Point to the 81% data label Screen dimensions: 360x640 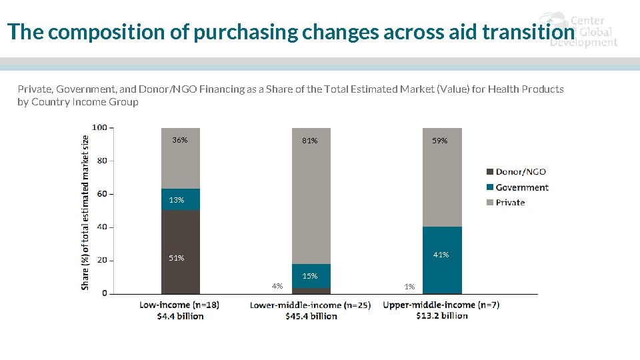tap(310, 141)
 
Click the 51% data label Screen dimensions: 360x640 tap(177, 258)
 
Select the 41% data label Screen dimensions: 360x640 tap(441, 255)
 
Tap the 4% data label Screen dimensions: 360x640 tap(277, 286)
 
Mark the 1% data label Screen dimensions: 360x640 tap(409, 287)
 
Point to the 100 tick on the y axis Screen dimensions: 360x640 tap(99, 127)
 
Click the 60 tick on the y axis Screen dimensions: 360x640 tap(101, 194)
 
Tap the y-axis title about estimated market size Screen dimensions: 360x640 tap(85, 212)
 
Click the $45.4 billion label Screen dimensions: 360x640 tap(311, 316)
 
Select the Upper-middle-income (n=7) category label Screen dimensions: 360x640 tap(441, 305)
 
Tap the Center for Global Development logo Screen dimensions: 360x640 tap(579, 30)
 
